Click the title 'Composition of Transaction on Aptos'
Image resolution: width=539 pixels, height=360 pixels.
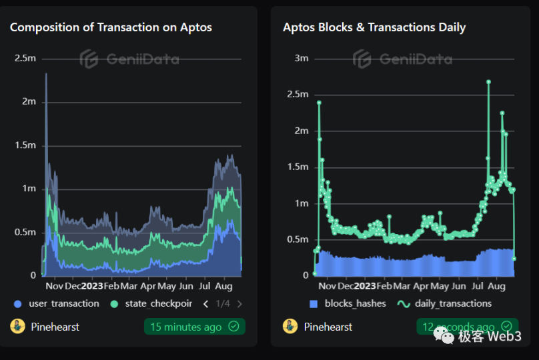pyautogui.click(x=111, y=27)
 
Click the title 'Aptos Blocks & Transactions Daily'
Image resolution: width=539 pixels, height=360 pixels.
pyautogui.click(x=374, y=27)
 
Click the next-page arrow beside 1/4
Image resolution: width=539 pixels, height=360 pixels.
pyautogui.click(x=239, y=304)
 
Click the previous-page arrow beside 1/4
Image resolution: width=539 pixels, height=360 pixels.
pyautogui.click(x=205, y=304)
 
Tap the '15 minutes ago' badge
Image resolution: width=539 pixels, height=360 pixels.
pyautogui.click(x=194, y=327)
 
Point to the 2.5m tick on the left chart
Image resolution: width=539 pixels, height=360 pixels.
pyautogui.click(x=25, y=58)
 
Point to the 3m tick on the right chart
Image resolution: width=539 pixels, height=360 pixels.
pyautogui.click(x=301, y=58)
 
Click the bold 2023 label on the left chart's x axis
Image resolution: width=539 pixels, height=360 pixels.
pyautogui.click(x=92, y=286)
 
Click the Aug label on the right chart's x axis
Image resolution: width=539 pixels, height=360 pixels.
pyautogui.click(x=496, y=286)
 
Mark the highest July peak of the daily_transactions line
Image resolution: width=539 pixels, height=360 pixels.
pyautogui.click(x=489, y=82)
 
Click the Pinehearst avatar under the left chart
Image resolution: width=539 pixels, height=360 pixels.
pyautogui.click(x=17, y=327)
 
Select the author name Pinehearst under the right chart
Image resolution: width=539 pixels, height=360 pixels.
pyautogui.click(x=328, y=327)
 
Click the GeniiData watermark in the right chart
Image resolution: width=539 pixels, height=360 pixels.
pyautogui.click(x=402, y=59)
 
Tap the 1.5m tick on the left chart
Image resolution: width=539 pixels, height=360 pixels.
pyautogui.click(x=25, y=145)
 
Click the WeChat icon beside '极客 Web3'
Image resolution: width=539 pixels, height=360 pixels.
pyautogui.click(x=445, y=337)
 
